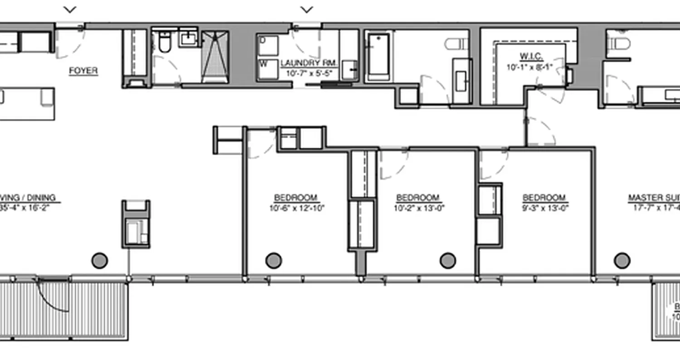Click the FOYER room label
click(83, 71)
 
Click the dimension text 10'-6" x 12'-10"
click(296, 208)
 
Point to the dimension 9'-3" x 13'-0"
click(544, 208)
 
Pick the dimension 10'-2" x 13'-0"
click(418, 208)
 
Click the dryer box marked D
click(263, 40)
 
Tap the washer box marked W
click(263, 64)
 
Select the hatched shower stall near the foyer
click(214, 57)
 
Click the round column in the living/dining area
click(100, 261)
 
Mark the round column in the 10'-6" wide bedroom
click(273, 261)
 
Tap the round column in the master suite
click(622, 261)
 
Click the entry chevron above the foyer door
click(70, 9)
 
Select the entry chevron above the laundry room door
click(307, 9)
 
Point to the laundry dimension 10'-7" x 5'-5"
click(310, 72)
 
